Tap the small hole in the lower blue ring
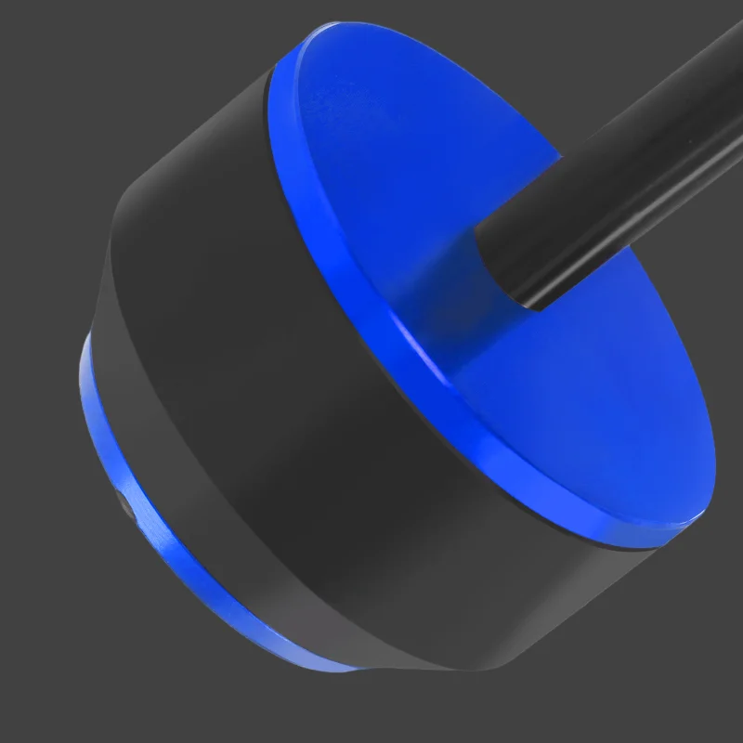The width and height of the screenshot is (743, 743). click(x=125, y=506)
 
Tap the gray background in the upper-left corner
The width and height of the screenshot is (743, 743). click(x=56, y=56)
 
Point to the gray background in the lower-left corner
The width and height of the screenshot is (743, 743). click(x=56, y=687)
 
